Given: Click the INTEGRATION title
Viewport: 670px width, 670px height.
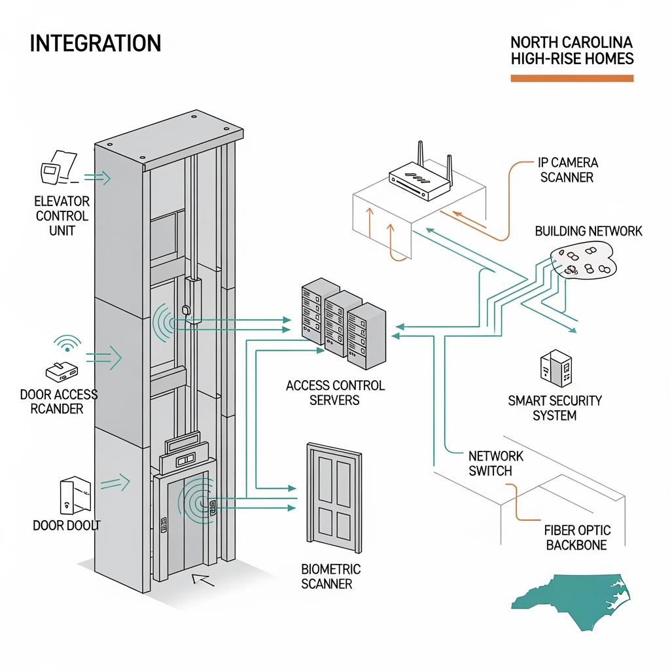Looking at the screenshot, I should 96,44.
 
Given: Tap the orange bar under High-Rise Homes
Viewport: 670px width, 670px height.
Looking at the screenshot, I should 572,79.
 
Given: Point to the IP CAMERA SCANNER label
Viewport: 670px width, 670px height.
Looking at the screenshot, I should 567,169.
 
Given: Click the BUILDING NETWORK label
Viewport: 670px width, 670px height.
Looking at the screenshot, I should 588,231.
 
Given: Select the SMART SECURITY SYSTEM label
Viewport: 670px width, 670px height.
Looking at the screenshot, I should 554,408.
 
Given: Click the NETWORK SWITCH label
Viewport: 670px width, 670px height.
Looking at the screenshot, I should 495,463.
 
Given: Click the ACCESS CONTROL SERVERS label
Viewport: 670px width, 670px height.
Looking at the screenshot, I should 335,393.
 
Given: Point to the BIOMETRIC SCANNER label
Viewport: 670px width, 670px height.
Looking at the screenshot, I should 330,576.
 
